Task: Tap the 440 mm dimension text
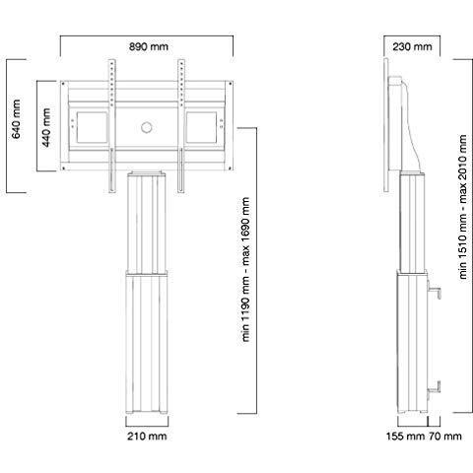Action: coord(45,125)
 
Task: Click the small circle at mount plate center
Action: coord(146,126)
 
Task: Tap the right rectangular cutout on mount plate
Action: coord(203,126)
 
